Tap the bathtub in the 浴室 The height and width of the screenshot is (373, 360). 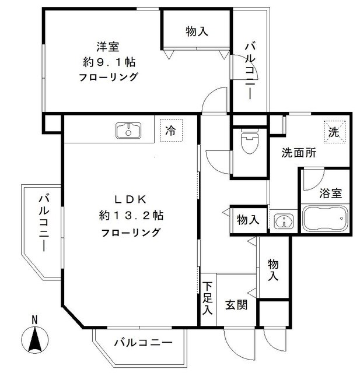pos(325,220)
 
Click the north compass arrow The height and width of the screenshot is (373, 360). pos(34,339)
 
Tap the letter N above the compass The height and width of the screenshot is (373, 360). pos(34,319)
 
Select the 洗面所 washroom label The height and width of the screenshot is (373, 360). pos(299,154)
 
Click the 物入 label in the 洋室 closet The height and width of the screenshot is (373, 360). pos(197,32)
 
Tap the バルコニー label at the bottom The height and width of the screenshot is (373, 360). pos(144,343)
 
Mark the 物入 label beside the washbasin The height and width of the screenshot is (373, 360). pos(248,220)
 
